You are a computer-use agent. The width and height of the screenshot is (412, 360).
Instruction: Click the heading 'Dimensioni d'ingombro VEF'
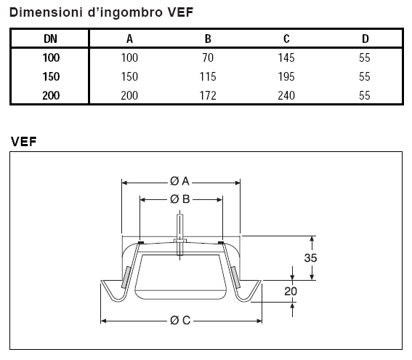pos(101,12)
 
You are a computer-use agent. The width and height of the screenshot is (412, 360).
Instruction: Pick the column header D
pos(364,39)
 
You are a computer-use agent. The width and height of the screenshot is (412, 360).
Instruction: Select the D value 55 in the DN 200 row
pos(364,94)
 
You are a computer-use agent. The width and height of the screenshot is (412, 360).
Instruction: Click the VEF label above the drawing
pos(25,141)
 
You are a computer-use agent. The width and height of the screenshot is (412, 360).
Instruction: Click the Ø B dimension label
pos(181,199)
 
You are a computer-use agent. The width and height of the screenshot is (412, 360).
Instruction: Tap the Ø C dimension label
pos(181,320)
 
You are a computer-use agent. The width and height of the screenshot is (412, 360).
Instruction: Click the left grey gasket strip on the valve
pos(126,277)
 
